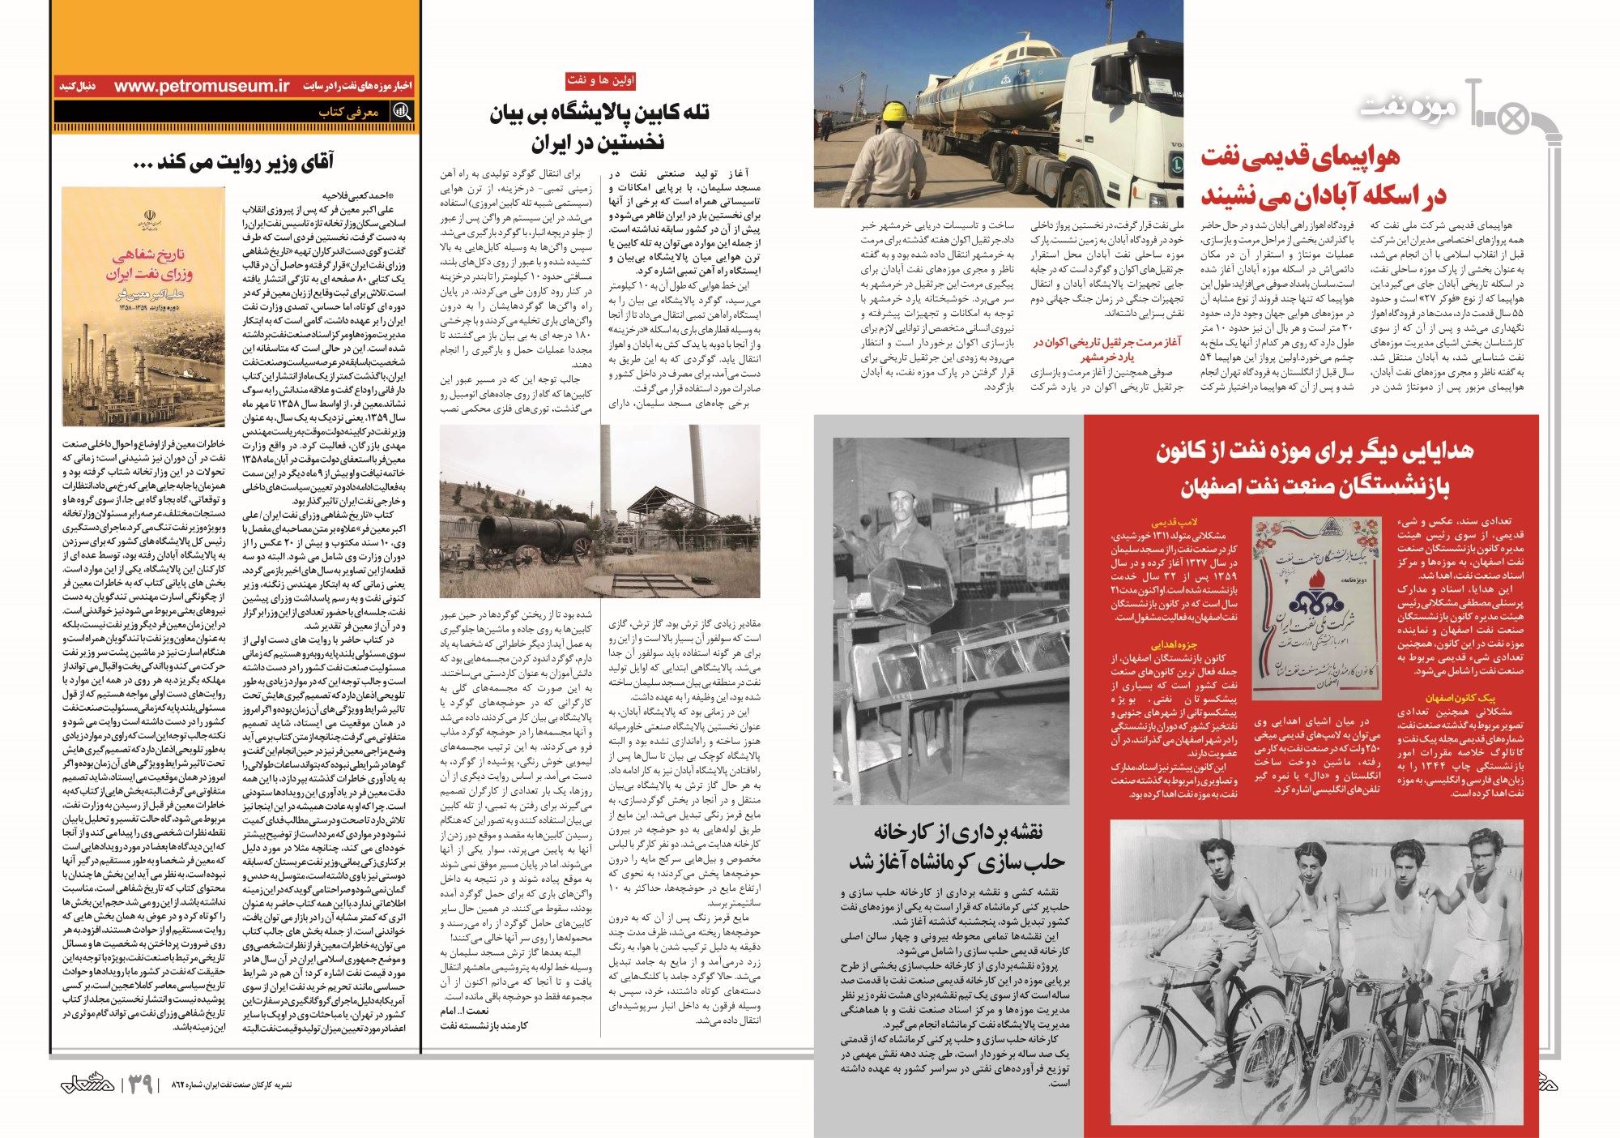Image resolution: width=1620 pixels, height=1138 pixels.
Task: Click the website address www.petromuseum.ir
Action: coord(202,86)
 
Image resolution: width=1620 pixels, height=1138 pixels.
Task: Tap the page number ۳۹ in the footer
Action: coord(139,1083)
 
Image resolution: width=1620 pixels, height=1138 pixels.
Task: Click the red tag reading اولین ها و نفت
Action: coord(600,80)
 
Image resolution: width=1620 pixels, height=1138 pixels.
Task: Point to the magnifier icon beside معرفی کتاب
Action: coord(401,112)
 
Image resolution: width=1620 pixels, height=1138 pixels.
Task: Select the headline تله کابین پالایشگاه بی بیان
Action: coord(599,113)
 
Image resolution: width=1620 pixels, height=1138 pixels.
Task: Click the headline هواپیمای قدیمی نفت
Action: coord(1300,156)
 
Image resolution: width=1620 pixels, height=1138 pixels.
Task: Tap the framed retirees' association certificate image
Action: coord(1315,608)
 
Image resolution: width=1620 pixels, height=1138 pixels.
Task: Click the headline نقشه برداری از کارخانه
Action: coord(957,832)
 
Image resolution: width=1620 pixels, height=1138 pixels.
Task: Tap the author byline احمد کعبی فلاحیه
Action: coord(356,195)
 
